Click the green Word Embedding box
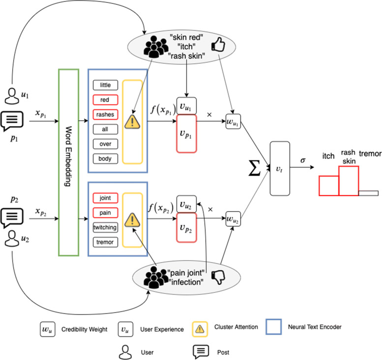pos(68,163)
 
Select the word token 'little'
pos(105,85)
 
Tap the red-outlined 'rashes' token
pos(105,114)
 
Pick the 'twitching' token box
pos(105,227)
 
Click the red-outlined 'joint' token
pos(105,198)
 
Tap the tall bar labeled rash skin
pos(349,182)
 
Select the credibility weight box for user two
pos(233,217)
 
